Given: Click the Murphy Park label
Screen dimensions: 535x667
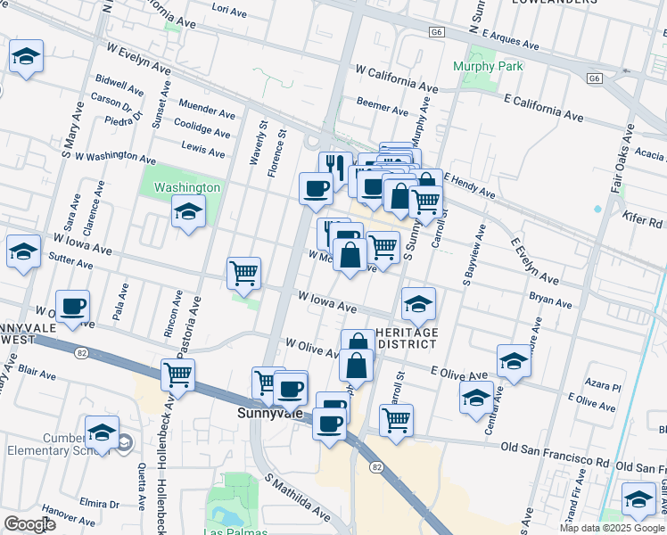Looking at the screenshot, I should (487, 66).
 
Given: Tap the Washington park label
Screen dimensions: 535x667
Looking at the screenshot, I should (186, 188).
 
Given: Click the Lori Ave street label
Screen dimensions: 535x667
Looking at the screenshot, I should (230, 9).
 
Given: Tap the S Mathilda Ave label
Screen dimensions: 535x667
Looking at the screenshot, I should (297, 497).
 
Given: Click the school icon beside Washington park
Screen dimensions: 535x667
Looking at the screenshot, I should (188, 212).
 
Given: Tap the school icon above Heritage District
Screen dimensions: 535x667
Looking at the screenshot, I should (418, 304).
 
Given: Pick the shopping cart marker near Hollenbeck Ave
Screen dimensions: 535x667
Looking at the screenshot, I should (178, 374).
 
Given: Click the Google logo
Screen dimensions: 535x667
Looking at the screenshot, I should (30, 524).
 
